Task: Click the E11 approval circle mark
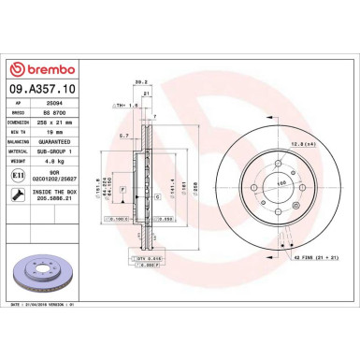pyautogui.click(x=20, y=174)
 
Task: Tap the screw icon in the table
pyautogui.click(x=20, y=194)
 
